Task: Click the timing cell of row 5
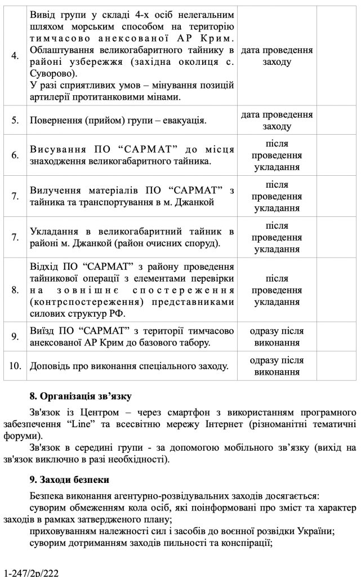[x=277, y=121]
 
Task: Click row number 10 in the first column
[x=15, y=366]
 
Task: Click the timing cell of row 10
[x=277, y=366]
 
